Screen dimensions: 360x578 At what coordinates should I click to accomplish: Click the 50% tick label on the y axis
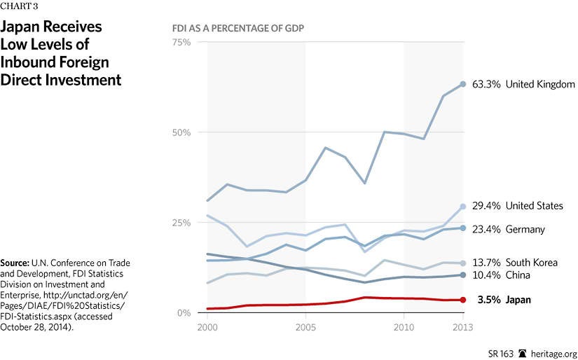click(181, 132)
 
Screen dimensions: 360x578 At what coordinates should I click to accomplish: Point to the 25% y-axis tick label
click(181, 223)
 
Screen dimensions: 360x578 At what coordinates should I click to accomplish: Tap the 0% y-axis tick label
click(184, 313)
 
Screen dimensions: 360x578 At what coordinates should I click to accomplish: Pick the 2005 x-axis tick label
click(305, 327)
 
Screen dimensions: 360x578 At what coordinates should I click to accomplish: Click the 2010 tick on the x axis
click(404, 327)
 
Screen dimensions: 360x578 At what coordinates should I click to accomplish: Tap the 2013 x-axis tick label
click(462, 327)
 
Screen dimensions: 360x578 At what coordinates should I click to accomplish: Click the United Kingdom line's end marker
click(462, 84)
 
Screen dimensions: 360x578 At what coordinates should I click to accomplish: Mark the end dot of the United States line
click(462, 207)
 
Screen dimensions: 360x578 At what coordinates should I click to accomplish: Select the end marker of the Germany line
click(462, 228)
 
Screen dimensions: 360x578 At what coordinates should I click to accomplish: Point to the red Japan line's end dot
click(462, 300)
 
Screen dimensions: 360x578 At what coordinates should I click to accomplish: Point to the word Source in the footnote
click(16, 263)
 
